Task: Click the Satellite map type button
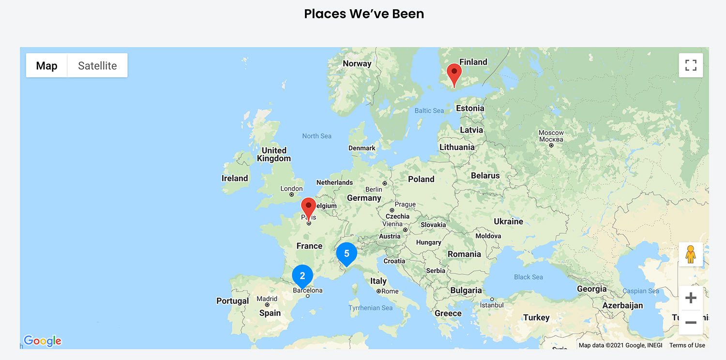[97, 66]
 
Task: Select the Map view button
[46, 66]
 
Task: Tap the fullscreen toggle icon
[691, 65]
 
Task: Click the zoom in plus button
[691, 298]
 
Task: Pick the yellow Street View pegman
[691, 255]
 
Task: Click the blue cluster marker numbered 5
[347, 254]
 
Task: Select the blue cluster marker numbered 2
[302, 276]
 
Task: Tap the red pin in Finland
[454, 74]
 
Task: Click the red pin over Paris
[308, 208]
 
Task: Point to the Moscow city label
[551, 133]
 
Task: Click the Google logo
[43, 341]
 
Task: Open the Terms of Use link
[687, 345]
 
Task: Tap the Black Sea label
[528, 277]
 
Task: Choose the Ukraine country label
[508, 222]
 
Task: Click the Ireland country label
[235, 178]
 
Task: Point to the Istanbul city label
[492, 305]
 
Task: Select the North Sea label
[317, 136]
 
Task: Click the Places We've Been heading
[364, 14]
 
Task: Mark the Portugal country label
[232, 301]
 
